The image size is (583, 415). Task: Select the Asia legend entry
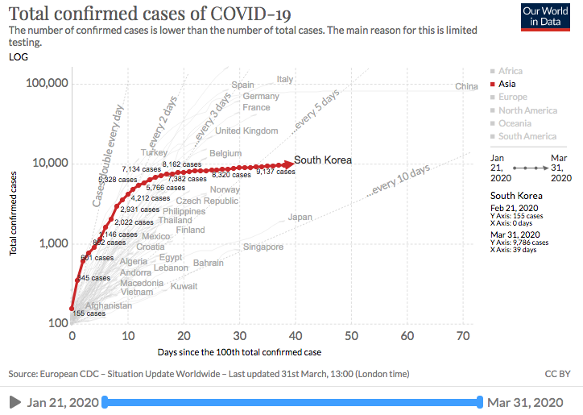[x=507, y=84]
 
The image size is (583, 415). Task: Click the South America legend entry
[x=527, y=136]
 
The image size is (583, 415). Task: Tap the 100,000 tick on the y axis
[x=48, y=84]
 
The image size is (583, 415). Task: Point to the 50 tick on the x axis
[x=351, y=336]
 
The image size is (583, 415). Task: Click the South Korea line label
[x=323, y=160]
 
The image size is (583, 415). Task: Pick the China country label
[x=466, y=86]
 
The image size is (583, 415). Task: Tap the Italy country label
[x=285, y=79]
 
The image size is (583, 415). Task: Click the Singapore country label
[x=263, y=247]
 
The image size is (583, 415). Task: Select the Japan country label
[x=300, y=217]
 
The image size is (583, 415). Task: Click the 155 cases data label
[x=89, y=313]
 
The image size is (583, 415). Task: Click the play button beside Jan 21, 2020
[x=14, y=402]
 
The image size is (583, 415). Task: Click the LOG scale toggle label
[x=17, y=56]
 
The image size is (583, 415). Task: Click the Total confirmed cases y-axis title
[x=14, y=213]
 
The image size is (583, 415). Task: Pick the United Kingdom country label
[x=246, y=131]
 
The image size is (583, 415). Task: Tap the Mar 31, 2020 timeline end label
[x=526, y=402]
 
